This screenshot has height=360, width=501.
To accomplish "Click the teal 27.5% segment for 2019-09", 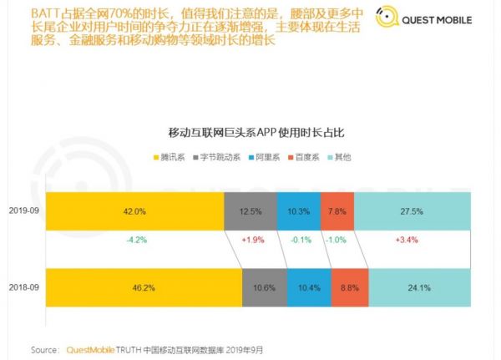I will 412,211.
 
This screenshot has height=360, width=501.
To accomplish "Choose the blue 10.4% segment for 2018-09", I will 309,286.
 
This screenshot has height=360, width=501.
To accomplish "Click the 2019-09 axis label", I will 23,211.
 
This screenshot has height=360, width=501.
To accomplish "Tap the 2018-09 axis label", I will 23,286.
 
